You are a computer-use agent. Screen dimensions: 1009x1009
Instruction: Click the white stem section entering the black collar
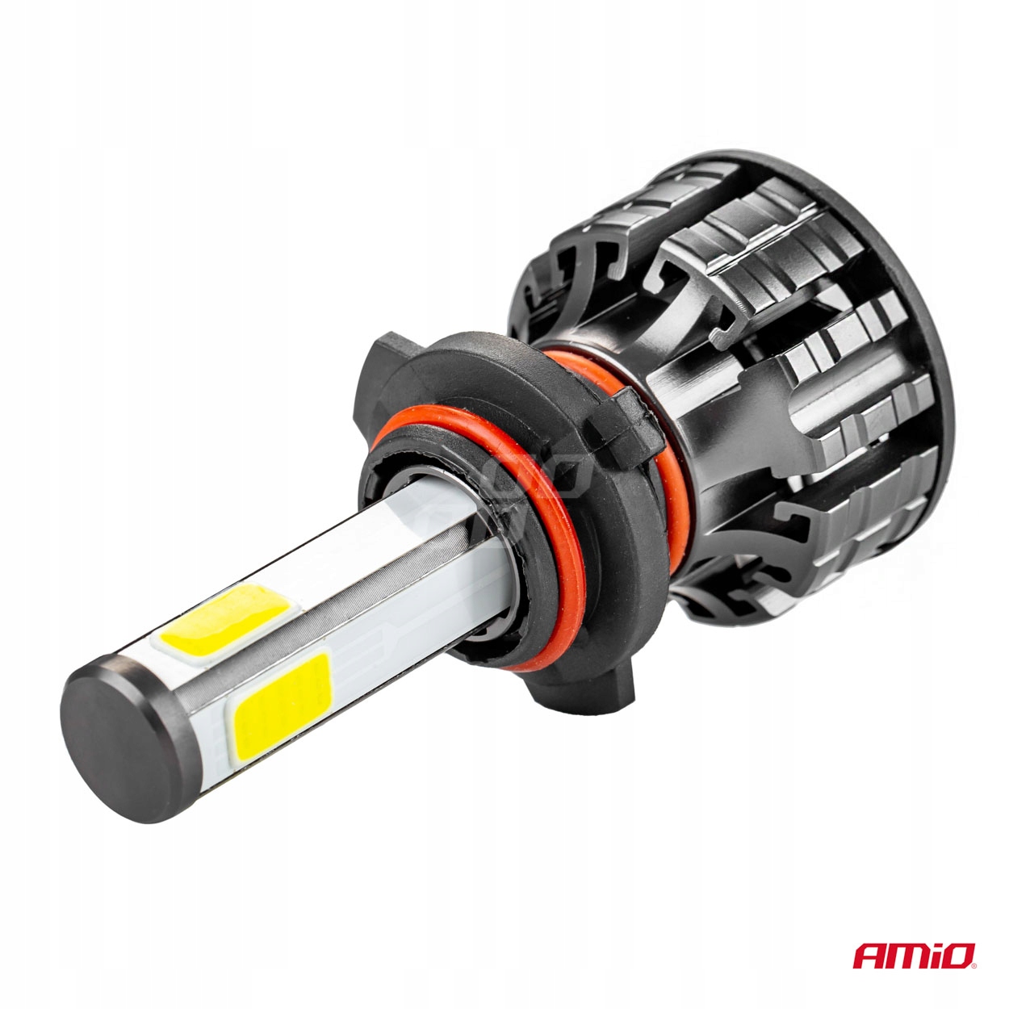(x=452, y=549)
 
